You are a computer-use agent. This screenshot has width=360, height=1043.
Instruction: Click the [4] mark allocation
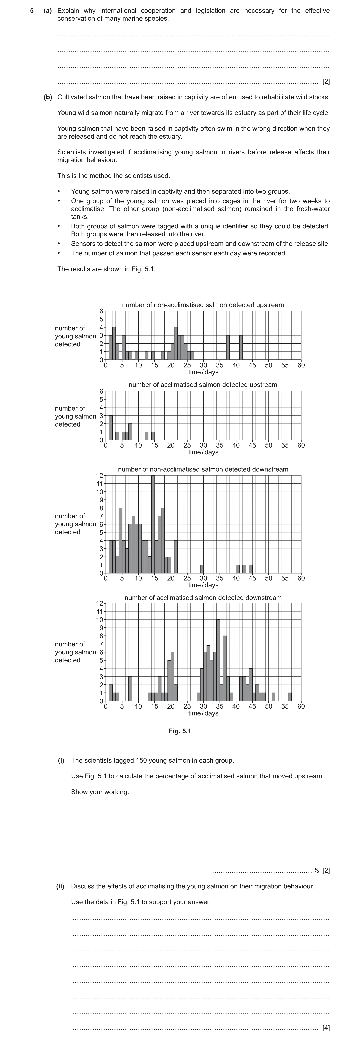click(x=326, y=1028)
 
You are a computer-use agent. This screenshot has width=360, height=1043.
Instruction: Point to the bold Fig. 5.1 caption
click(x=180, y=731)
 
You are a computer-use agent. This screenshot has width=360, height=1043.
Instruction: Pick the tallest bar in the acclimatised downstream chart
click(x=218, y=660)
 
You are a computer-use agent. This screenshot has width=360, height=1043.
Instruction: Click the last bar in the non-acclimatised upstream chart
click(x=241, y=347)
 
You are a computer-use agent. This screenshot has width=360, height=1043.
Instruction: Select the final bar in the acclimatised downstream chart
click(x=289, y=697)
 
